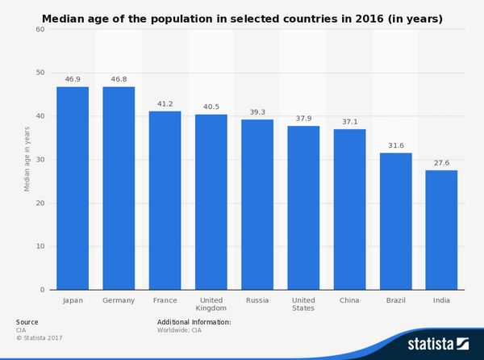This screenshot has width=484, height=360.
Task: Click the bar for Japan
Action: click(x=73, y=188)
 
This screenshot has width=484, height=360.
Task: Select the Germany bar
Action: click(x=119, y=188)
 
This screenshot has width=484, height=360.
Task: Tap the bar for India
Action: click(x=441, y=230)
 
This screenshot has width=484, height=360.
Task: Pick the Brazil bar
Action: click(x=395, y=221)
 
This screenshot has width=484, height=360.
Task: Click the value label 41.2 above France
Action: click(x=165, y=104)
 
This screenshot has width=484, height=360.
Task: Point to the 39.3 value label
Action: click(x=257, y=112)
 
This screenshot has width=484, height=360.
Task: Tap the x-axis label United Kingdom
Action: click(x=211, y=304)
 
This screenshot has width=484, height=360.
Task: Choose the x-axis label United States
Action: click(x=303, y=304)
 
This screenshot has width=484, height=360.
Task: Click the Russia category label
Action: click(x=257, y=300)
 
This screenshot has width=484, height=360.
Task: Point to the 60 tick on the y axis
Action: click(x=40, y=29)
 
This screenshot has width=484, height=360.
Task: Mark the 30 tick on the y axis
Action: click(x=40, y=160)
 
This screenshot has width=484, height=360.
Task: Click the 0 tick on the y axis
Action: click(x=43, y=290)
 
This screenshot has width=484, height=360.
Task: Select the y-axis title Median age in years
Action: click(x=27, y=160)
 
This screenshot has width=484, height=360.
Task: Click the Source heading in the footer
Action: click(x=27, y=322)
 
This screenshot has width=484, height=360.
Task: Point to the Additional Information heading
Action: click(x=194, y=322)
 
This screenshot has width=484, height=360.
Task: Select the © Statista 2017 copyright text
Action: click(x=39, y=337)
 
